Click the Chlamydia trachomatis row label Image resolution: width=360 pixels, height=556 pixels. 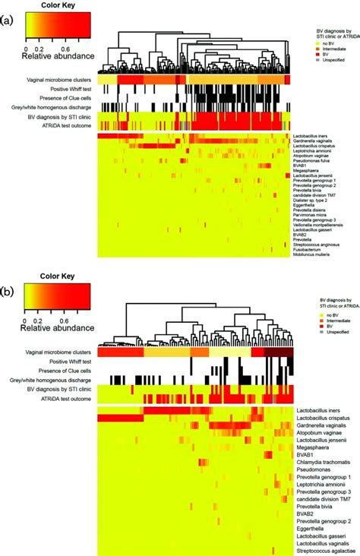tap(323, 461)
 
